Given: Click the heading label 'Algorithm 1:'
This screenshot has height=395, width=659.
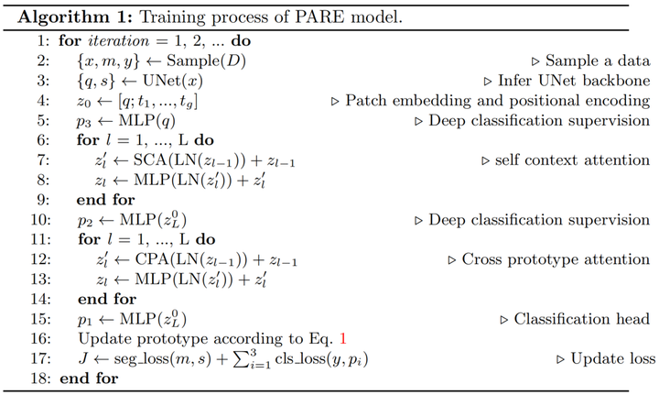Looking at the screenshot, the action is [66, 17].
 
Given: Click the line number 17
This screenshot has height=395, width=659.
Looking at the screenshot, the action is [41, 358].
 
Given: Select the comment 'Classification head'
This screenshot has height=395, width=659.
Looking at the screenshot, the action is [581, 319].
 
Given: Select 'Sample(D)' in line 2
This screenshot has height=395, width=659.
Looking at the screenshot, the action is [192, 60].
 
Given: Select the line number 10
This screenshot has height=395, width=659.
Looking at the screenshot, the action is [41, 220].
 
